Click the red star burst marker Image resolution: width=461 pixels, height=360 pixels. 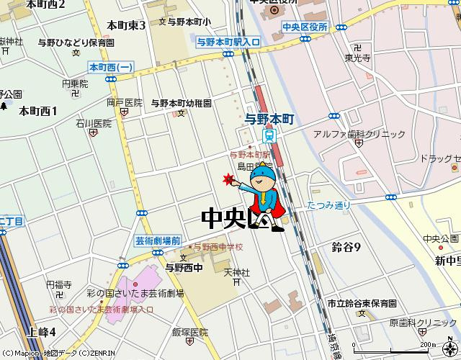[x=229, y=179]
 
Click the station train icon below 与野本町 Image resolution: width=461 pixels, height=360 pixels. [x=269, y=135]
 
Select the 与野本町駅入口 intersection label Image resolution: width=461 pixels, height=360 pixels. [x=228, y=43]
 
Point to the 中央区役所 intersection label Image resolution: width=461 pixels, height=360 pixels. [x=305, y=27]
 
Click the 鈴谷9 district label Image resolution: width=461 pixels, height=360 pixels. [x=346, y=247]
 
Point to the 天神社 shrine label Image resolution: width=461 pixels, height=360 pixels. [x=236, y=273]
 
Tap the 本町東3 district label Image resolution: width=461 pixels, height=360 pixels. [x=126, y=26]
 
